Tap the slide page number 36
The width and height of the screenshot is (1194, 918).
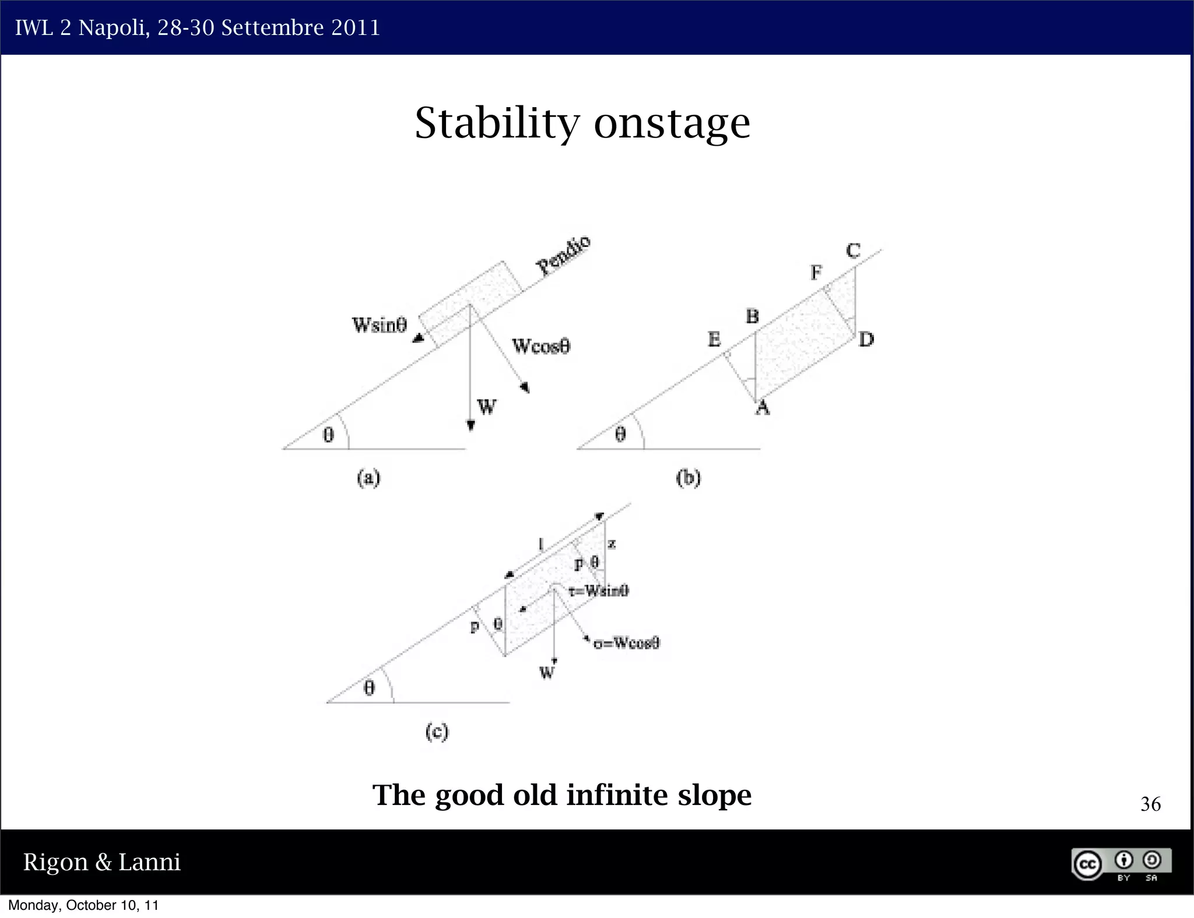click(x=1150, y=804)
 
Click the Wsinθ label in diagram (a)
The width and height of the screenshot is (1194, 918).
click(x=379, y=324)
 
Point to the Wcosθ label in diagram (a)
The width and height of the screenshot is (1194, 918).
click(x=541, y=346)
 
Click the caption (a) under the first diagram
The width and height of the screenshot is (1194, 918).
click(x=368, y=478)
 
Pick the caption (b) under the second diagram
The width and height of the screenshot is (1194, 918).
click(x=688, y=478)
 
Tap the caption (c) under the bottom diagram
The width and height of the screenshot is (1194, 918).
click(x=437, y=732)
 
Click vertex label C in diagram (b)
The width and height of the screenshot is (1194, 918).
click(x=853, y=251)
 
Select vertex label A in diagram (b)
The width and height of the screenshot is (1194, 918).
click(x=763, y=408)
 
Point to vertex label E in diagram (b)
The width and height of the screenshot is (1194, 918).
click(x=714, y=339)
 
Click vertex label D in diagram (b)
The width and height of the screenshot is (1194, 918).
click(x=866, y=339)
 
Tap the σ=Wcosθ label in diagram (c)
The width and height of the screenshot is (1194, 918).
click(x=626, y=643)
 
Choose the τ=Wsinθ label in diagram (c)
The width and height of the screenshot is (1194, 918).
click(x=599, y=591)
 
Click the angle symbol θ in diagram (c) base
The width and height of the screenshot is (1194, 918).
click(x=369, y=689)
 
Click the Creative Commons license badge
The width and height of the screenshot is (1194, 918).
click(x=1121, y=864)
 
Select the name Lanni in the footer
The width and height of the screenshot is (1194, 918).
click(x=149, y=862)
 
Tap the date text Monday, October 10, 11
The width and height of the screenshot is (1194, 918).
click(x=83, y=905)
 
